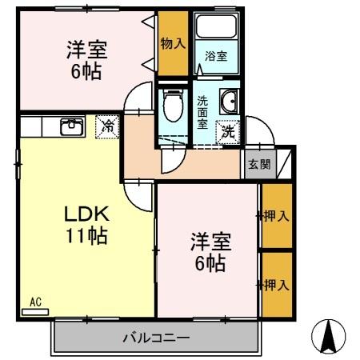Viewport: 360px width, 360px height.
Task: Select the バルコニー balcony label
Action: (156, 338)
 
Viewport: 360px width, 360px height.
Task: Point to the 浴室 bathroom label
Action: (216, 57)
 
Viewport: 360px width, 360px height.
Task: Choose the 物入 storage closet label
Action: (173, 43)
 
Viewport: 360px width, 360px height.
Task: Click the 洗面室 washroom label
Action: (202, 113)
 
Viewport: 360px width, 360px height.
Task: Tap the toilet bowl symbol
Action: (171, 105)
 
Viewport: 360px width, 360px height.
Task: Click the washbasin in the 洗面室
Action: (230, 101)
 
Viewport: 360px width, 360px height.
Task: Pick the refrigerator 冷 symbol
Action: (107, 126)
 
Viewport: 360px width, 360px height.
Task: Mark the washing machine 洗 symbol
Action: (229, 130)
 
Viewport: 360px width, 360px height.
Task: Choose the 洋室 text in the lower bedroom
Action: (207, 241)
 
